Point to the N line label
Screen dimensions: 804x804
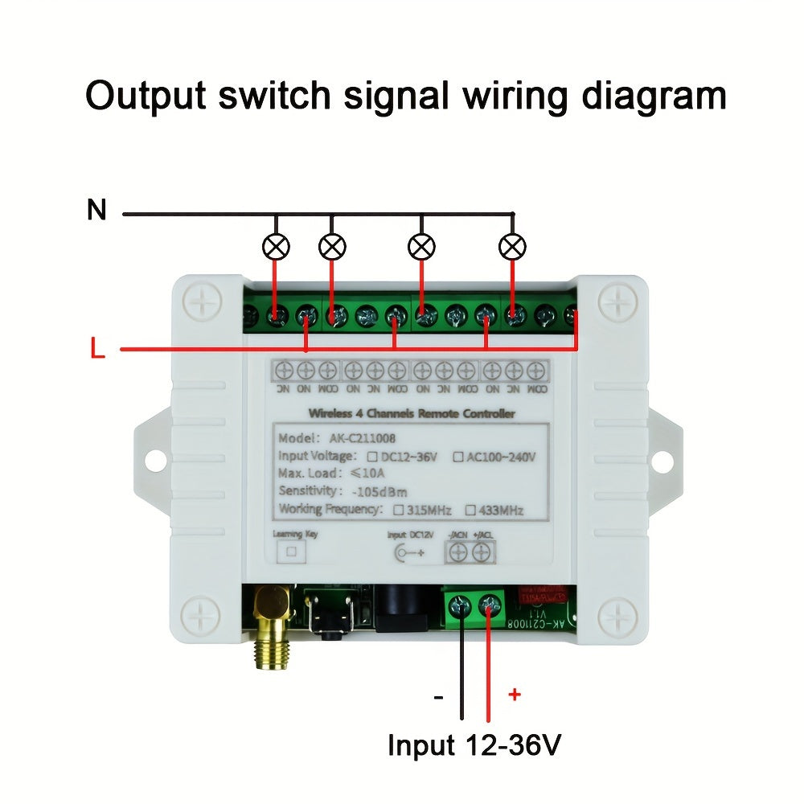[x=96, y=211]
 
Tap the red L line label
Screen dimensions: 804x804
[x=97, y=350]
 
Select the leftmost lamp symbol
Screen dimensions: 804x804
[x=276, y=246]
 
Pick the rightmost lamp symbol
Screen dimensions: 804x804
[x=512, y=246]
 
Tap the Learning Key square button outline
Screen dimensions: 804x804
[x=293, y=552]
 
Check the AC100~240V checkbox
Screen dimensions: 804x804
[x=457, y=457]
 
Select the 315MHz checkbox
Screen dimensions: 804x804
[x=398, y=510]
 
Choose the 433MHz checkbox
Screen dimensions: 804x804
[x=473, y=510]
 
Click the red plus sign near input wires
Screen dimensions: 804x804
[x=515, y=695]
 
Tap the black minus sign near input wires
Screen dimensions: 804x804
[x=438, y=696]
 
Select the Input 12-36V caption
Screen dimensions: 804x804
[x=474, y=745]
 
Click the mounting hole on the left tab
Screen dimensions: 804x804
[x=152, y=461]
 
